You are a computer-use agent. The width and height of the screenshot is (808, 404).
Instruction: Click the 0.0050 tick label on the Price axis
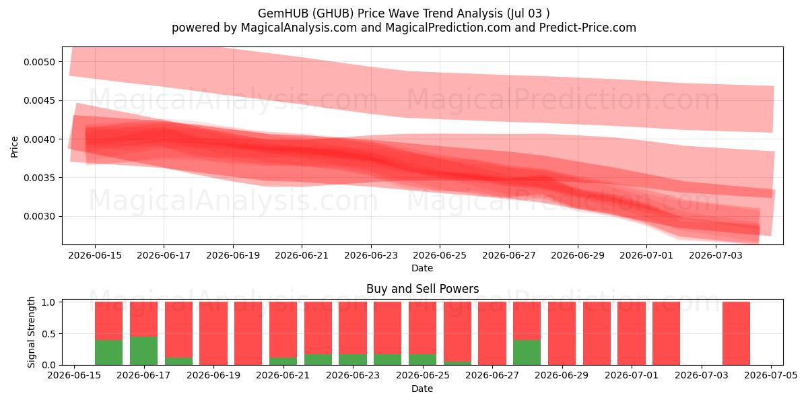point(40,62)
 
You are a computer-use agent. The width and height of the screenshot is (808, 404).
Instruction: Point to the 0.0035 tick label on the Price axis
point(40,178)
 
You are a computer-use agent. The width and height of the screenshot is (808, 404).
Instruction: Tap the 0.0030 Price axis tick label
point(40,216)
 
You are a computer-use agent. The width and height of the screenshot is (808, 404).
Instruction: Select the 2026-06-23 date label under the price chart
point(371,255)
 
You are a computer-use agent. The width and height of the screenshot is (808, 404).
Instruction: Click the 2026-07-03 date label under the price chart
point(716,255)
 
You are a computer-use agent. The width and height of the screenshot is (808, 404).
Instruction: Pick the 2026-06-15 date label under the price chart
point(95,255)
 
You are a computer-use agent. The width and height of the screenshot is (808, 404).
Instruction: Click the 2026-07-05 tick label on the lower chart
point(771,375)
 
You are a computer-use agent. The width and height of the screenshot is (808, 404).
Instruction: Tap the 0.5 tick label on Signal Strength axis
point(48,334)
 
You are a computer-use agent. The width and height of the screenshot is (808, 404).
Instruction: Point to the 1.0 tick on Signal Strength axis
point(48,302)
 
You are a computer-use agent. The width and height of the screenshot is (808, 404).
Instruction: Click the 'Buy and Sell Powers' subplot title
point(422,289)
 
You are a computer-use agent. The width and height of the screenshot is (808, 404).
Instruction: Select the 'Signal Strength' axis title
point(32,332)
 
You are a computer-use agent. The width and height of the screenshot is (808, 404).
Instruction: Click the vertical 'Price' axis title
point(14,147)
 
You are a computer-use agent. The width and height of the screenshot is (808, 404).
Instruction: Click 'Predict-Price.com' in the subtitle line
point(588,28)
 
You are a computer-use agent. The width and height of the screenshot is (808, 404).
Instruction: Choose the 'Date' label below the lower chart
point(422,389)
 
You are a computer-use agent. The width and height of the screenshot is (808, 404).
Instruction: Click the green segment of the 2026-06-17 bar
point(143,351)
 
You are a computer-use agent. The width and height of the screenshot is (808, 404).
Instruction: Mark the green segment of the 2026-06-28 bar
point(527,352)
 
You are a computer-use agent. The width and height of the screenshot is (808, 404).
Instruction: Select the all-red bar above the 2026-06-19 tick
point(213,333)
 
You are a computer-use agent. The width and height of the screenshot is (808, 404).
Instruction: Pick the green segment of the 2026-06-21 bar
point(283,361)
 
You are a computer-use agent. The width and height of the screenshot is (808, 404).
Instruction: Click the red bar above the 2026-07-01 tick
point(632,333)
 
